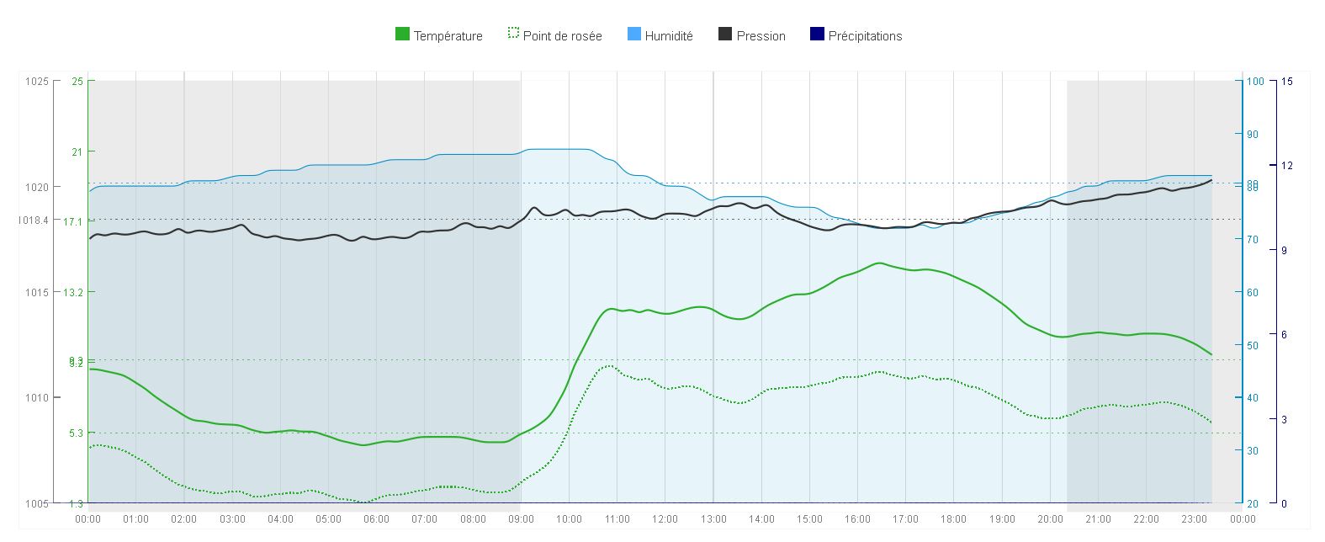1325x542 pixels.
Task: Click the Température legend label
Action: [x=448, y=36]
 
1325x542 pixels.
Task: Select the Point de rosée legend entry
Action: [x=562, y=36]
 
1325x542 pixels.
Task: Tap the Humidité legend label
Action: [x=669, y=36]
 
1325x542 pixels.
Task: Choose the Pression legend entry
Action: [x=761, y=36]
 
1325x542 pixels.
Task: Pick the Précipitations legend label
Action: [x=865, y=36]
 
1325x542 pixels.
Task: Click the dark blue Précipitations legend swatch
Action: [x=816, y=35]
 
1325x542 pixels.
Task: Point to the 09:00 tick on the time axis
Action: [x=521, y=519]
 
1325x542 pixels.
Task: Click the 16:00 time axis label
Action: [x=857, y=519]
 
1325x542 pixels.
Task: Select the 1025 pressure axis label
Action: [x=37, y=82]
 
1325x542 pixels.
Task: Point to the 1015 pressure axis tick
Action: [x=37, y=292]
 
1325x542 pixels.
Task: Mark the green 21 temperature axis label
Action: [x=77, y=151]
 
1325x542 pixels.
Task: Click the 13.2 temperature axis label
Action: [x=74, y=292]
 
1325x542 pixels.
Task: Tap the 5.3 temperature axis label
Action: [x=76, y=433]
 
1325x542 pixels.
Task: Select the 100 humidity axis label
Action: [x=1254, y=82]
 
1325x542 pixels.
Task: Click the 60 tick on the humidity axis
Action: [x=1252, y=293]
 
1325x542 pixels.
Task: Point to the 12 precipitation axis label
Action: [x=1286, y=165]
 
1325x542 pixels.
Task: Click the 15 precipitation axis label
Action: [x=1286, y=82]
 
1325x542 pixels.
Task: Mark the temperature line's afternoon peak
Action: [x=879, y=263]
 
